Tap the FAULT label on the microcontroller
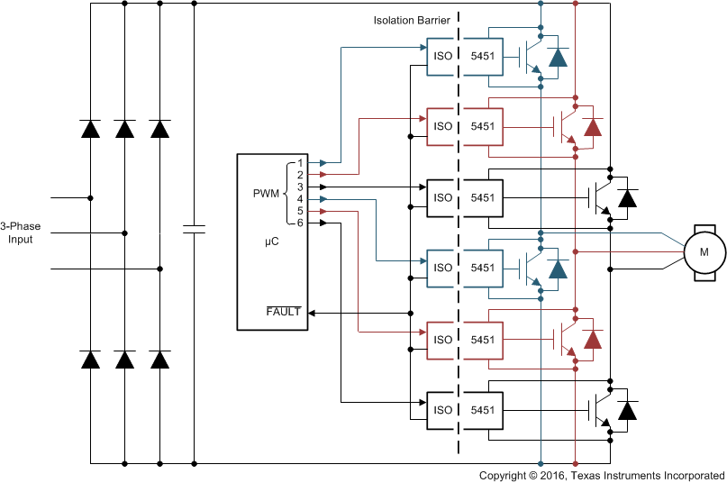tap(284, 312)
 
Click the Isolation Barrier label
tap(411, 20)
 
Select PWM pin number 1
tap(300, 162)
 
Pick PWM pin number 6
tap(300, 223)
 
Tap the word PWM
tap(267, 193)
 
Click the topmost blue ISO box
tap(442, 55)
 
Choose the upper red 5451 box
tap(483, 126)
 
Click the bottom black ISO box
tap(442, 410)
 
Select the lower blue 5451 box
tap(483, 268)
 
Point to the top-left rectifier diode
tap(90, 129)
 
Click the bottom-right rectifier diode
tap(160, 360)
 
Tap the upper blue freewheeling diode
tap(559, 58)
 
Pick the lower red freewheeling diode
tap(593, 340)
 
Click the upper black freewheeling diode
tap(628, 197)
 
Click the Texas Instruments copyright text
tap(601, 475)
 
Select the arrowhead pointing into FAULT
tap(312, 313)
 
